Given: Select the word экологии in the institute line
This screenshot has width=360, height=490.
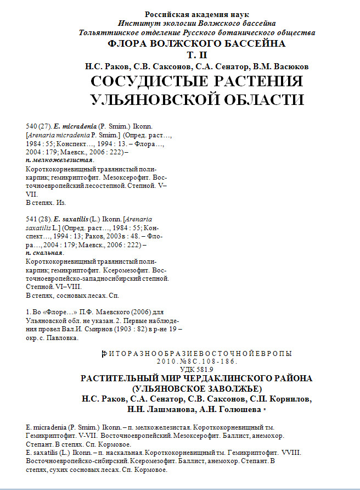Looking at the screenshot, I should (x=165, y=24).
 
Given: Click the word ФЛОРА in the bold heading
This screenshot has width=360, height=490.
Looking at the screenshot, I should (x=128, y=44).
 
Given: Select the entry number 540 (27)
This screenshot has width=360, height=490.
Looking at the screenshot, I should (x=38, y=126).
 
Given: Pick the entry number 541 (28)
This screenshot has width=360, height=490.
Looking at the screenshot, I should (x=38, y=219).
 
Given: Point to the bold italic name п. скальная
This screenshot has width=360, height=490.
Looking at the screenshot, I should (x=45, y=253).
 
